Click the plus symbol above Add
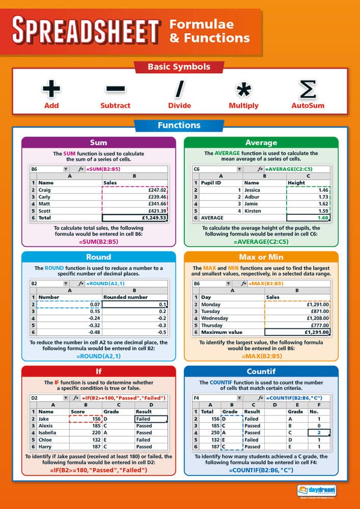(51, 89)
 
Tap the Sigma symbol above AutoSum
(308, 89)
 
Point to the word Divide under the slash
(179, 106)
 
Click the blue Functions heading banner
(179, 125)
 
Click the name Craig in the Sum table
(45, 189)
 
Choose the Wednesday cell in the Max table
(215, 318)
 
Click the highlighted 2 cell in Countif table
(318, 433)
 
